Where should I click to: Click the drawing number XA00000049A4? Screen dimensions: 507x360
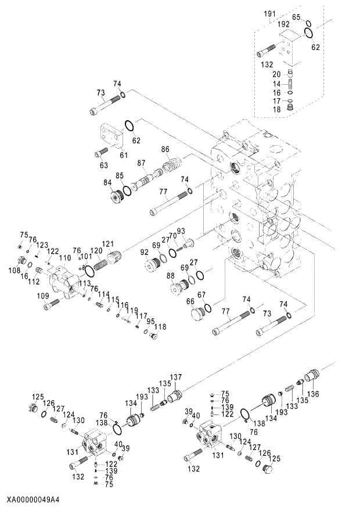pos(34,499)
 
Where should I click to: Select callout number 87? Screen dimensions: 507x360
pos(141,163)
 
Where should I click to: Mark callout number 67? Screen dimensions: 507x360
pos(202,294)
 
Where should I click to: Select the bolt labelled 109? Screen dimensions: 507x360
pos(53,301)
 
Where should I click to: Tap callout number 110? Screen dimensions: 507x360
pos(65,257)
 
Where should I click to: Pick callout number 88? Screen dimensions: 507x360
pos(171,275)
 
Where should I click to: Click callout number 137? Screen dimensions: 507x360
pos(175,377)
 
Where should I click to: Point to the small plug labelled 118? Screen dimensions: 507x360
pos(153,335)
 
